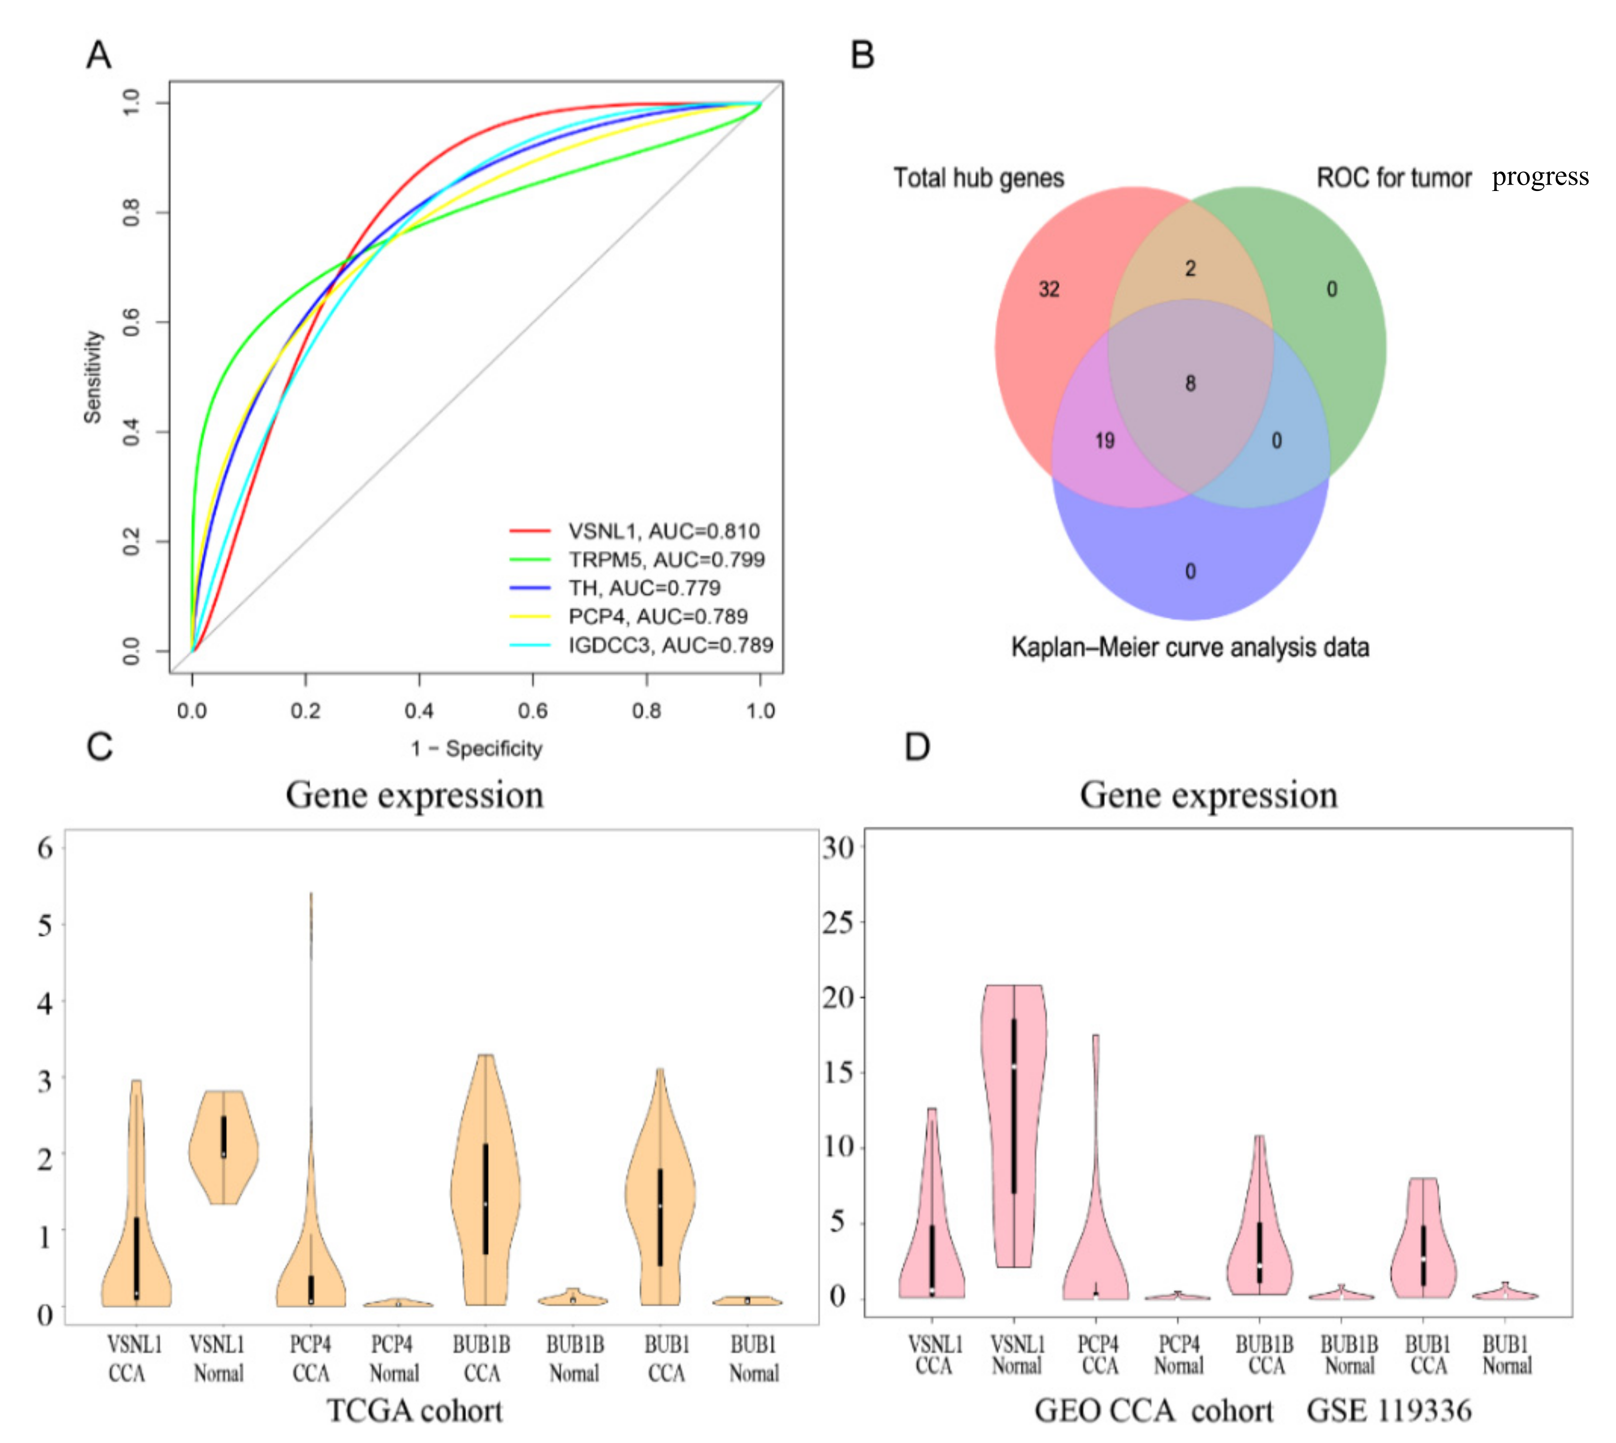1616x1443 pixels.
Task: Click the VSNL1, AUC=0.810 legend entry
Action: tap(663, 531)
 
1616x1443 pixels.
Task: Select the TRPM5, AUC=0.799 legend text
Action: tap(666, 559)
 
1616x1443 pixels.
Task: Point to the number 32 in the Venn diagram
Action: tap(1049, 289)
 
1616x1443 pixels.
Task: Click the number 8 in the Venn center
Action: tap(1190, 384)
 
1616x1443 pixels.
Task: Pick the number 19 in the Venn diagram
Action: tap(1104, 441)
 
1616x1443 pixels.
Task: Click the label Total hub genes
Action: tap(978, 178)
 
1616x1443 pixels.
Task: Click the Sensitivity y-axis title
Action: tap(94, 377)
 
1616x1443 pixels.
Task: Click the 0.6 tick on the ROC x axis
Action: tap(533, 711)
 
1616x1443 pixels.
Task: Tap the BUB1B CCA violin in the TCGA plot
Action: tap(485, 1189)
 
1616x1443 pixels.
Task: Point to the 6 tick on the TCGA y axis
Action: tap(45, 848)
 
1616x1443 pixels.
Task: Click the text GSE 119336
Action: tap(1389, 1410)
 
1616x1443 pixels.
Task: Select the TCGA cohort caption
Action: tap(414, 1410)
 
